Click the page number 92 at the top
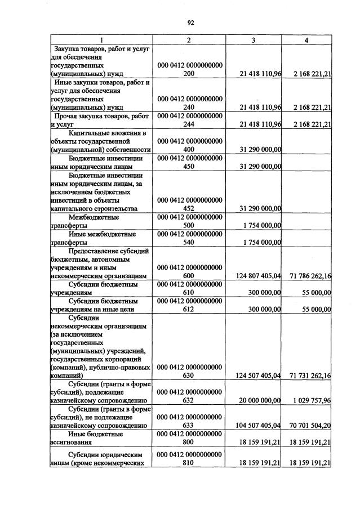(x=190, y=23)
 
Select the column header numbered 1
(x=101, y=40)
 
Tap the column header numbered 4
(x=306, y=40)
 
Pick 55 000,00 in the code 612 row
(x=316, y=309)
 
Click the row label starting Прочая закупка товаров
(x=101, y=120)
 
